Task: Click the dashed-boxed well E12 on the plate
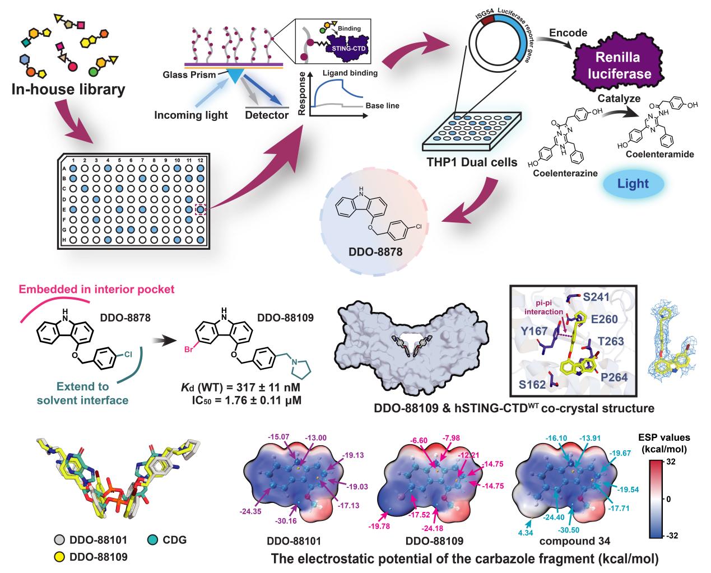(x=200, y=209)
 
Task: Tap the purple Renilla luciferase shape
(x=619, y=66)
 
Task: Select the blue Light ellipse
(x=633, y=184)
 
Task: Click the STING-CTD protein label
(x=349, y=49)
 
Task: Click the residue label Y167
(x=535, y=331)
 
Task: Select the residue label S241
(x=596, y=297)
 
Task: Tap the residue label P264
(x=614, y=378)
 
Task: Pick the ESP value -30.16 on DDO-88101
(x=286, y=521)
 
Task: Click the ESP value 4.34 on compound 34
(x=526, y=533)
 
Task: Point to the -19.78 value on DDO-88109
(x=379, y=526)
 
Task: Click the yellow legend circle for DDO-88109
(x=59, y=557)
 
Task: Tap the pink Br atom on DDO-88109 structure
(x=189, y=350)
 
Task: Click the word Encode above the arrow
(x=568, y=33)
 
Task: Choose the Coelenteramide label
(x=660, y=154)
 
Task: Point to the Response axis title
(x=301, y=94)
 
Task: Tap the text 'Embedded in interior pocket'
(x=96, y=290)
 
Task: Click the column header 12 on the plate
(x=200, y=161)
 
